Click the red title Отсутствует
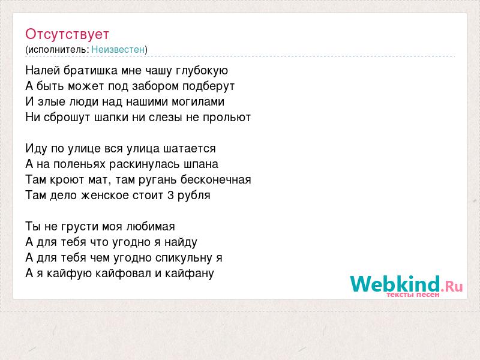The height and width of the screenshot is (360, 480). [x=67, y=34]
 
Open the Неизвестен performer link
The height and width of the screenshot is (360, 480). [x=118, y=49]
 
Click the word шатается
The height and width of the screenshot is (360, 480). [x=190, y=149]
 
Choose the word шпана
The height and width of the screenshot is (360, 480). [x=201, y=164]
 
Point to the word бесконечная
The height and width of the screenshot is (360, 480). [x=215, y=179]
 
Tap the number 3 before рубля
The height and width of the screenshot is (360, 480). [x=170, y=196]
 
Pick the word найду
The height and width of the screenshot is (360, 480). [x=181, y=242]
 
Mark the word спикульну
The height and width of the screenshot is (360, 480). [x=184, y=258]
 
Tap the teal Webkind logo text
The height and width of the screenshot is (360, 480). [x=395, y=284]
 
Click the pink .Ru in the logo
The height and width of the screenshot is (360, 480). [x=452, y=286]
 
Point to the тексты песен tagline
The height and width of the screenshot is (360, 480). [x=413, y=295]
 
